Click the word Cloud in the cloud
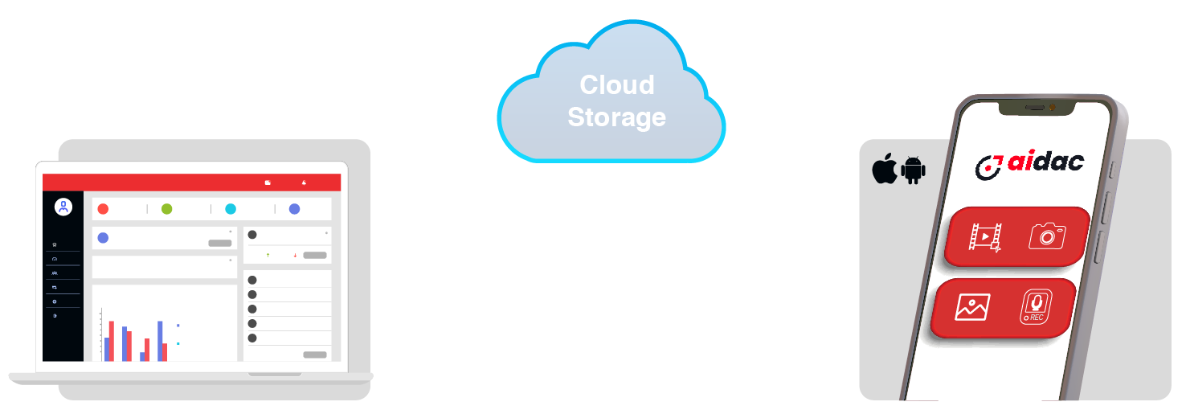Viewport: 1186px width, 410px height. click(617, 84)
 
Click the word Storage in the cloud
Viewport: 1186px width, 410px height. click(617, 117)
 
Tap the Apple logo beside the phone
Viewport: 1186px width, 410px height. click(885, 169)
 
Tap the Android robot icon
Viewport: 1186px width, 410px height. click(914, 170)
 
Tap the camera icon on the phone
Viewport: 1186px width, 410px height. click(1047, 236)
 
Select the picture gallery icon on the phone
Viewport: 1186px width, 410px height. click(972, 307)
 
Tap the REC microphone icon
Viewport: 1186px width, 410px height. click(1036, 306)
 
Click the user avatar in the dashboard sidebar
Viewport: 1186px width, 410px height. click(63, 207)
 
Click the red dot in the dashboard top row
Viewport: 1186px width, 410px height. click(103, 209)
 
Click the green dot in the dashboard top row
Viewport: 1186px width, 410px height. click(167, 209)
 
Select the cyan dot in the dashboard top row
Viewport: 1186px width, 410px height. click(231, 209)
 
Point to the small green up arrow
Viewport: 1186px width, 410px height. click(268, 256)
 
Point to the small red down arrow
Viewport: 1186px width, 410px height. click(295, 256)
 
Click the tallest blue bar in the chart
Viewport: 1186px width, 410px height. click(160, 341)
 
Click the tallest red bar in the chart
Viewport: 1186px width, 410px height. click(111, 341)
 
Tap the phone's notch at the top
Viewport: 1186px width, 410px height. click(1037, 109)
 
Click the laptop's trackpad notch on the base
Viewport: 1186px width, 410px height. click(275, 375)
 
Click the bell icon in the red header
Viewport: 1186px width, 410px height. click(304, 182)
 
